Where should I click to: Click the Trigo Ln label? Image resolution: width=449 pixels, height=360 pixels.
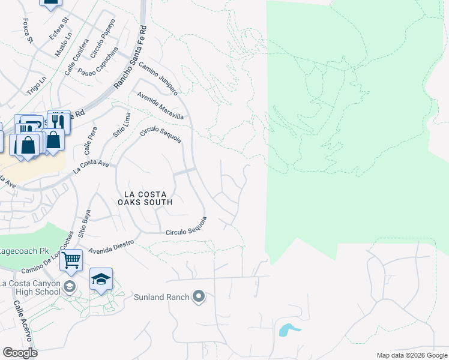point(36,86)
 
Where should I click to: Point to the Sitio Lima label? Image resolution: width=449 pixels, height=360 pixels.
point(120,124)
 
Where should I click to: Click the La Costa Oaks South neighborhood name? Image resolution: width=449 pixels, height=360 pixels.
point(148,198)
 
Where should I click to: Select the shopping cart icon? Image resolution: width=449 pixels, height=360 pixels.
point(71,260)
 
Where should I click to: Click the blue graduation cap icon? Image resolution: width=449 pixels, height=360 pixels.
point(101,279)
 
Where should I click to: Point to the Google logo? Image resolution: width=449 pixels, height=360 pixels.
point(20,353)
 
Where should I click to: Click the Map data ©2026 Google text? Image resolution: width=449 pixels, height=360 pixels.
point(411,355)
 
